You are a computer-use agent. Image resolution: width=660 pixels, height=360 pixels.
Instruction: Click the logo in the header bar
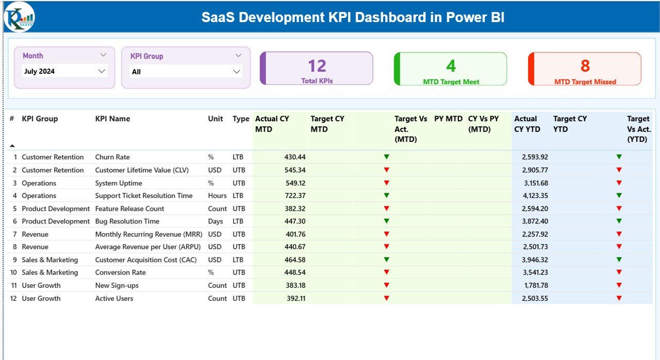click(x=19, y=17)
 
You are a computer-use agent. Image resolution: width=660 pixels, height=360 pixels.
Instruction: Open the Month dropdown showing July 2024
click(x=65, y=71)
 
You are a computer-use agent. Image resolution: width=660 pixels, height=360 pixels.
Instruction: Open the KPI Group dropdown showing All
click(x=186, y=72)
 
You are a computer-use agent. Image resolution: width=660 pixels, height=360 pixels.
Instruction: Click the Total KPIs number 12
click(x=317, y=66)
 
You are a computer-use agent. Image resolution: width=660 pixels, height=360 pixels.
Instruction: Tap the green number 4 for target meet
click(x=451, y=66)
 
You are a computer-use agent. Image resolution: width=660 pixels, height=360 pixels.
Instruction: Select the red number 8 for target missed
click(x=585, y=66)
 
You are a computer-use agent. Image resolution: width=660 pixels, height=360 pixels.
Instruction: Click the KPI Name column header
click(x=112, y=119)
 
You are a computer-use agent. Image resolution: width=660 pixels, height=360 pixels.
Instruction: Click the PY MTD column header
click(x=448, y=119)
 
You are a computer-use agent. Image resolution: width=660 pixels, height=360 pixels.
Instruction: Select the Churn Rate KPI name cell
click(x=112, y=157)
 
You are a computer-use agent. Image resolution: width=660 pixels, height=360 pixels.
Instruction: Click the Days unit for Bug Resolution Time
click(x=216, y=221)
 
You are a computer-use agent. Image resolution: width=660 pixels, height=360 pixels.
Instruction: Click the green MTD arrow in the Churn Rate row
click(x=386, y=157)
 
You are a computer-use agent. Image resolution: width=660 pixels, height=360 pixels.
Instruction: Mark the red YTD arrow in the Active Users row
click(x=619, y=298)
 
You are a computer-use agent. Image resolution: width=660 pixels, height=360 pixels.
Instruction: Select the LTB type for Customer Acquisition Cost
click(x=238, y=260)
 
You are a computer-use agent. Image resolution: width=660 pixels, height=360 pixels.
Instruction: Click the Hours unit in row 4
click(x=217, y=195)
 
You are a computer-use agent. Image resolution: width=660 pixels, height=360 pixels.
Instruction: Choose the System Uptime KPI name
click(x=119, y=183)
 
